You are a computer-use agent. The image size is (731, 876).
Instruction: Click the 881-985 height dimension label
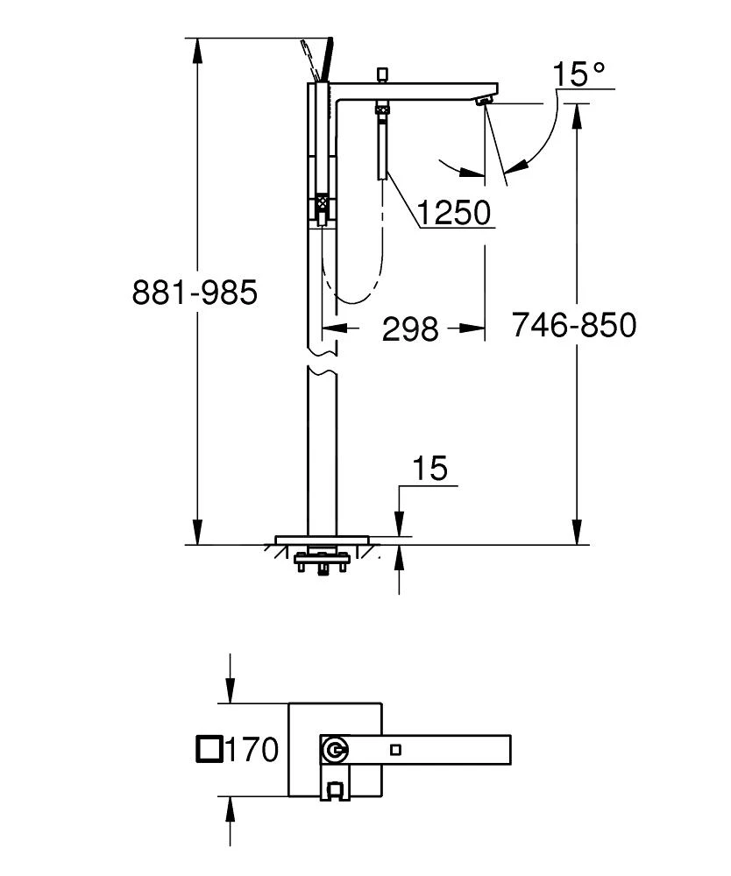coord(195,292)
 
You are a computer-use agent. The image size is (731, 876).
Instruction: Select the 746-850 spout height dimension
coord(573,325)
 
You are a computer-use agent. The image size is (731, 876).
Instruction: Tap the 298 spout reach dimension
coord(409,328)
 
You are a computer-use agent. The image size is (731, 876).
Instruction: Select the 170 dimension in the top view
coord(252,749)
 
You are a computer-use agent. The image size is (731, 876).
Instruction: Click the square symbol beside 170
coord(209,749)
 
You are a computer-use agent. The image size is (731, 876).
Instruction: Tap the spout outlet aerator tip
coord(483,102)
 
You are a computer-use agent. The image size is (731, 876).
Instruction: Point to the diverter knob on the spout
coord(381,74)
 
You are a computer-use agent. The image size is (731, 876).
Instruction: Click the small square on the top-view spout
coord(395,749)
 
